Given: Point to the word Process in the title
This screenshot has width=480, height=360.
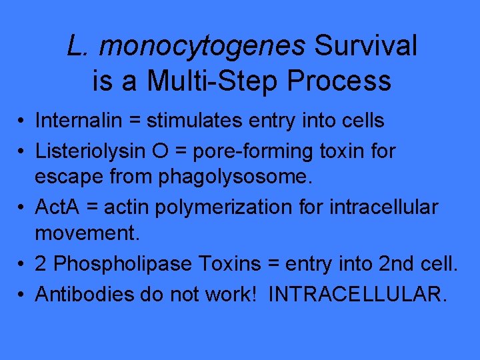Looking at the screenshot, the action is click(x=339, y=81).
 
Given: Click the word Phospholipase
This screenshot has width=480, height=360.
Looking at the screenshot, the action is click(x=123, y=264).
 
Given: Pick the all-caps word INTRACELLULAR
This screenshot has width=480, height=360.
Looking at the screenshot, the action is click(x=357, y=294).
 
